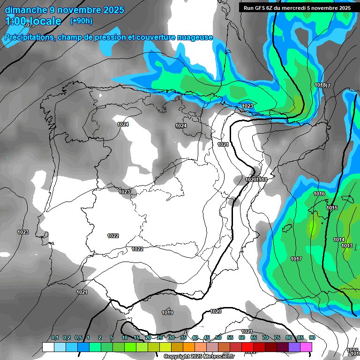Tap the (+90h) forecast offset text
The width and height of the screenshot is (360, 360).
(81, 21)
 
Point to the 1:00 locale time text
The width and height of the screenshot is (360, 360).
(33, 21)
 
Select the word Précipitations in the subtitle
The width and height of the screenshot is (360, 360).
(28, 37)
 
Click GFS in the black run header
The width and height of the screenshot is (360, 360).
(261, 7)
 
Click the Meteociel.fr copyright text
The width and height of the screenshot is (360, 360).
(199, 357)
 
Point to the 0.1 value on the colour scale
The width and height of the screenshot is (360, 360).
(55, 338)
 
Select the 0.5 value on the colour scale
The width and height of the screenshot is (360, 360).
(78, 338)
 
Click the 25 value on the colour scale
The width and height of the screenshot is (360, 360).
(160, 338)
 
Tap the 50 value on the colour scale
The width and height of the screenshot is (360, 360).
(218, 338)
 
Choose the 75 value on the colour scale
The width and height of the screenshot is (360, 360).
(277, 338)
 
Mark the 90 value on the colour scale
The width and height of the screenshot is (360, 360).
(312, 338)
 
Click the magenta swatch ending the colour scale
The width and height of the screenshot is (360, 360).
(306, 347)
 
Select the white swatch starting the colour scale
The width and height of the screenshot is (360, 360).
(48, 347)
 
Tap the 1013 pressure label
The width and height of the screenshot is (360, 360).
(347, 246)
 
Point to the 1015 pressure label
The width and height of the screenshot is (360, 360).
(332, 208)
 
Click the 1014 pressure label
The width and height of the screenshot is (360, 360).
(339, 240)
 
